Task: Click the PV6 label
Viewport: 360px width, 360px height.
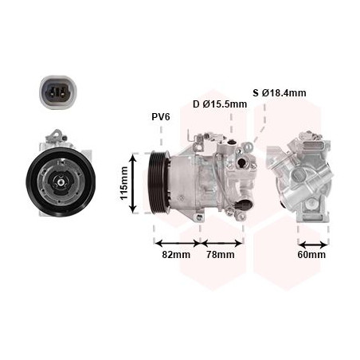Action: point(161,117)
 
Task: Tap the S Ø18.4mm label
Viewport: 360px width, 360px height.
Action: point(280,93)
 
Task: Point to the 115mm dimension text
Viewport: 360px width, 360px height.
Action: point(123,183)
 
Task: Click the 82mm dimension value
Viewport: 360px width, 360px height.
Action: point(176,255)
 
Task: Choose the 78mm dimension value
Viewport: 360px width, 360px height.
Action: point(221,255)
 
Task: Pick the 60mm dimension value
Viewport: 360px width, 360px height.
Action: point(311,255)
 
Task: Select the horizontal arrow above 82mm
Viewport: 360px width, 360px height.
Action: point(177,241)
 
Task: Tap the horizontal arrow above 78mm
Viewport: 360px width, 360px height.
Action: point(221,241)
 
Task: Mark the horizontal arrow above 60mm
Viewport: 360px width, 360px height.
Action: point(311,241)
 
